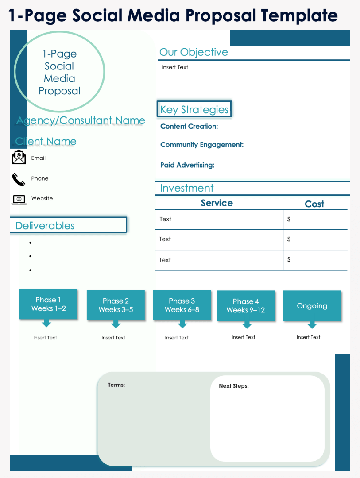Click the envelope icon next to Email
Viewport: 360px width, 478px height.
point(19,158)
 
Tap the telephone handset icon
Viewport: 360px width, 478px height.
point(19,179)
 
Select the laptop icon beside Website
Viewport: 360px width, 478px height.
point(19,199)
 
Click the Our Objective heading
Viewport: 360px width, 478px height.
point(194,52)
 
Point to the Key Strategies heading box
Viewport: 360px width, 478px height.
point(194,109)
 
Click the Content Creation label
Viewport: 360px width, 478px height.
point(189,127)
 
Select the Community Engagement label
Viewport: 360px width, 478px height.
point(202,145)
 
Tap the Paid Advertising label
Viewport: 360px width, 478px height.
point(187,165)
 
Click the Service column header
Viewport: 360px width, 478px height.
point(217,203)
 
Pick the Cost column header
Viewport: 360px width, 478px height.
point(314,204)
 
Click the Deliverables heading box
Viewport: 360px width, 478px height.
point(68,225)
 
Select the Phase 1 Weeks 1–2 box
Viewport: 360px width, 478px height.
point(48,304)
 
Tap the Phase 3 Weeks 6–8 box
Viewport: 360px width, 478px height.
point(182,305)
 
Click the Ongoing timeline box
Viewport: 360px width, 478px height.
point(312,306)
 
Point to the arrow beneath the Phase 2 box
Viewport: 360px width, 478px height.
point(116,324)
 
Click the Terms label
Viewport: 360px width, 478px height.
point(116,385)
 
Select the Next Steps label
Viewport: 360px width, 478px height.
point(234,386)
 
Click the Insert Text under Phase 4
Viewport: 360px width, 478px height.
point(244,337)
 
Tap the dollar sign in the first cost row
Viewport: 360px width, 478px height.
point(289,219)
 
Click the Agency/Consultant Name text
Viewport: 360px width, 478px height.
point(81,120)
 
